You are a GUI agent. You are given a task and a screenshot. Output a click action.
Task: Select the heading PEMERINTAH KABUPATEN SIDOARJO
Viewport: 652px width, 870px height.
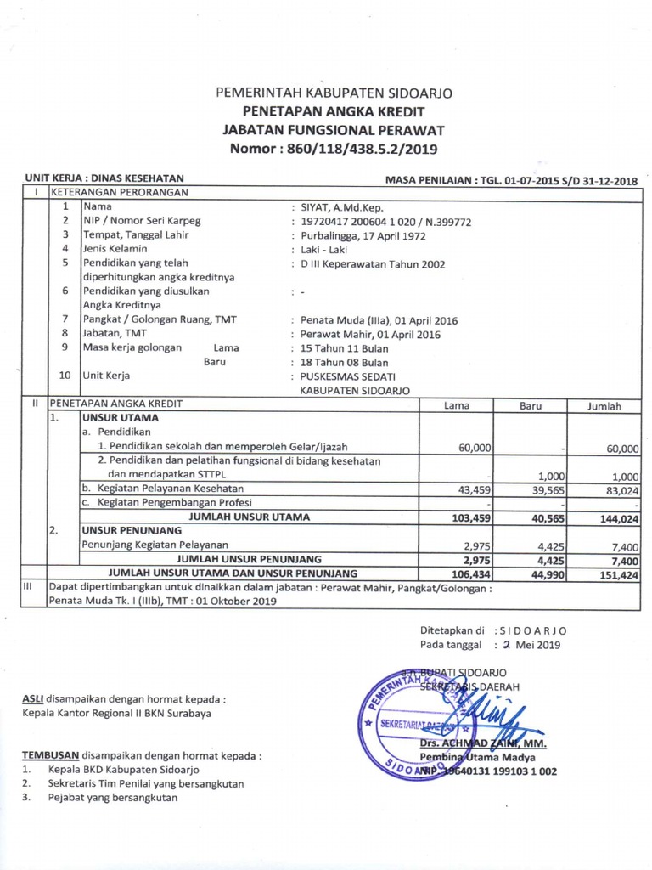click(334, 93)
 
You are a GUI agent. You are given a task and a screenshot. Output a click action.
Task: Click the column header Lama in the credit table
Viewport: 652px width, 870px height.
click(457, 406)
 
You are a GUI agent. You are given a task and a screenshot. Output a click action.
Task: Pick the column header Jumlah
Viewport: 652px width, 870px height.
click(604, 406)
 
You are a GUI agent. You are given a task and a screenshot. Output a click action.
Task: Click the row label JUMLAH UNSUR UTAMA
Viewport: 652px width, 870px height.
click(249, 517)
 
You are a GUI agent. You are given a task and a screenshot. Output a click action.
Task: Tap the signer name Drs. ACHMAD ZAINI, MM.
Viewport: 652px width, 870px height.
click(483, 744)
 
